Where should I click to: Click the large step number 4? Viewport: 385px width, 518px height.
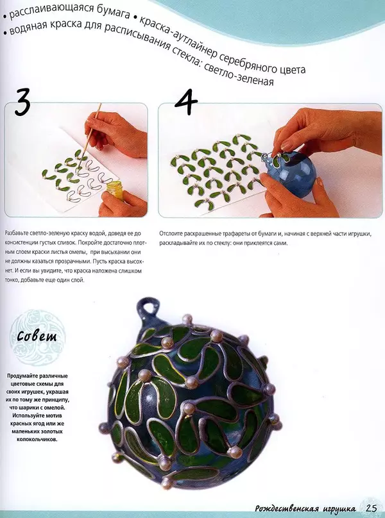(x=186, y=102)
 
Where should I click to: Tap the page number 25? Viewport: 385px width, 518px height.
(x=371, y=508)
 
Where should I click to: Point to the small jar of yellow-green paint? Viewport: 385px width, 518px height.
(x=114, y=190)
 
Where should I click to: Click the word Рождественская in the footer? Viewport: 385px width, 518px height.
(x=287, y=508)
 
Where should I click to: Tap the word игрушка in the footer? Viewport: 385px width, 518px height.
(x=339, y=509)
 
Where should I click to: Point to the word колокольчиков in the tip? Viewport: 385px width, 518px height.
(x=37, y=440)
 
